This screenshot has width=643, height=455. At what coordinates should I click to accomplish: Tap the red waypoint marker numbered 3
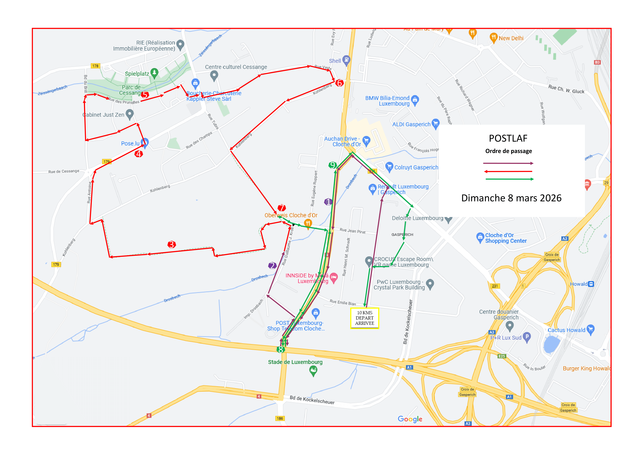pyautogui.click(x=172, y=245)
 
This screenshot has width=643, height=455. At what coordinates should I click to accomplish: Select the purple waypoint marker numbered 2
pyautogui.click(x=272, y=266)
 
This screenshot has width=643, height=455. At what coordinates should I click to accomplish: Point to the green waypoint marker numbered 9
pyautogui.click(x=332, y=165)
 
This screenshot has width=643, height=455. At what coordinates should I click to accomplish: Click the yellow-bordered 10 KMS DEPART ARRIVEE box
pyautogui.click(x=364, y=318)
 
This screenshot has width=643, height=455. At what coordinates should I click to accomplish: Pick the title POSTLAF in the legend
pyautogui.click(x=508, y=138)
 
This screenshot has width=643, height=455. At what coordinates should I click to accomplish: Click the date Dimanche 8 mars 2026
pyautogui.click(x=511, y=198)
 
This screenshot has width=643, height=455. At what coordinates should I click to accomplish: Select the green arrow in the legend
pyautogui.click(x=509, y=179)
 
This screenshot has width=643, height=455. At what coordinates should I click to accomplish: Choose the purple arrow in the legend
pyautogui.click(x=508, y=163)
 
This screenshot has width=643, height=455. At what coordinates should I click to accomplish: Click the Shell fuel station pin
pyautogui.click(x=347, y=60)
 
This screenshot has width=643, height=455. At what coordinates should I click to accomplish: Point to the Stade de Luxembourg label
pyautogui.click(x=295, y=362)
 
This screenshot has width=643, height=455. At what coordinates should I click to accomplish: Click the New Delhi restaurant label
pyautogui.click(x=511, y=38)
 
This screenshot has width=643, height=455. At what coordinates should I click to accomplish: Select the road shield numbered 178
pyautogui.click(x=95, y=66)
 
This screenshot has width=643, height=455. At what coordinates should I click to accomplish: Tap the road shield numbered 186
pyautogui.click(x=280, y=418)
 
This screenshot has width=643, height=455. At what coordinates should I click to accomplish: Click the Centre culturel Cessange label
pyautogui.click(x=236, y=67)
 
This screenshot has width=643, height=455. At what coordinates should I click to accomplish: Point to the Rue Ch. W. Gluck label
pyautogui.click(x=566, y=89)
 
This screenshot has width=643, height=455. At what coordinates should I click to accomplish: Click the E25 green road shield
pyautogui.click(x=502, y=356)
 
